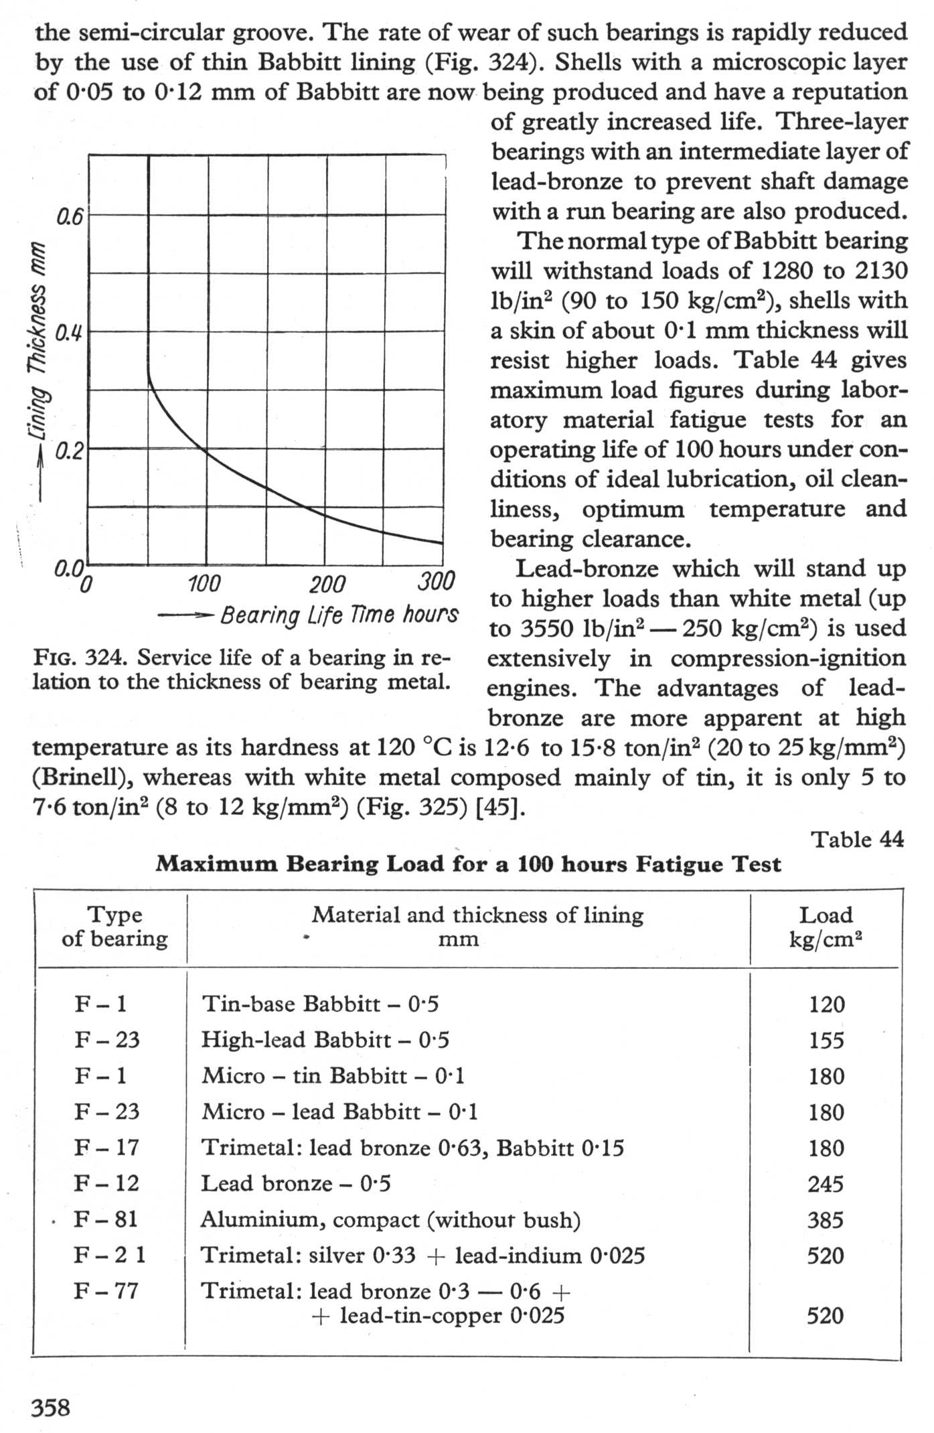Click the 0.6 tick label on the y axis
pos(69,217)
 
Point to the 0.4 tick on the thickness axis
pos(68,333)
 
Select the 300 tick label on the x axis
pos(436,581)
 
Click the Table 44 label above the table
pos(857,839)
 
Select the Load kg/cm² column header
pos(826,927)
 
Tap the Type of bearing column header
pos(114,927)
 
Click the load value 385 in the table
pos(825,1220)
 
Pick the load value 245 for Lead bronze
pos(825,1184)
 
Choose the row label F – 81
pos(106,1219)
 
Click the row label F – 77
pos(106,1290)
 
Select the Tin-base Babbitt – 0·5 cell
pos(320,1004)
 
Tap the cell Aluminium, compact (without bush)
pos(390,1220)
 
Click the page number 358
pos(51,1408)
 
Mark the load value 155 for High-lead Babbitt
pos(826,1041)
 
